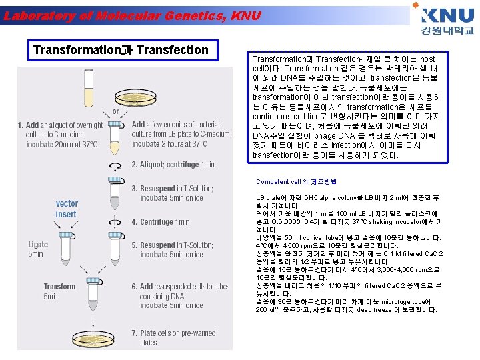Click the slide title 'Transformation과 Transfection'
[x=121, y=50]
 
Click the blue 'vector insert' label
[x=67, y=209]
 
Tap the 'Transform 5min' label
[x=59, y=291]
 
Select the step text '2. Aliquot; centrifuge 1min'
[x=173, y=164]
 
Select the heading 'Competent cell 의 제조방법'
[x=296, y=181]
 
